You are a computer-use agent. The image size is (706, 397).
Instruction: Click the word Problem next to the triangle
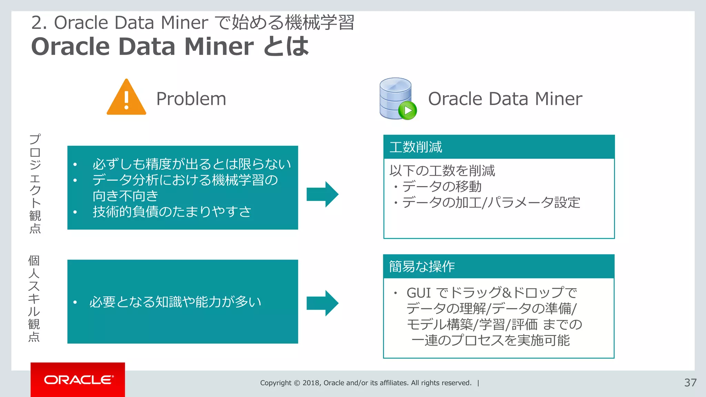(x=191, y=99)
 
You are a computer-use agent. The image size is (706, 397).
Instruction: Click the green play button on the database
(x=407, y=111)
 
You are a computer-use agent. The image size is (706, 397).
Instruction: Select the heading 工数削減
(x=416, y=147)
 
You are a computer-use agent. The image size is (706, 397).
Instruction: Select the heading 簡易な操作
(x=422, y=266)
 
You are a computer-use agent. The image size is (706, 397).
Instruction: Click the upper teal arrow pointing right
(x=322, y=194)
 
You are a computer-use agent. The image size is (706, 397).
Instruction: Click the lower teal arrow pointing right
(x=322, y=303)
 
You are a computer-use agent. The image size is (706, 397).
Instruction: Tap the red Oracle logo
(x=78, y=380)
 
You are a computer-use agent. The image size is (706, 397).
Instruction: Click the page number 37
(x=690, y=383)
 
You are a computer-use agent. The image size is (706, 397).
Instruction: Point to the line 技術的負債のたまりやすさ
(x=172, y=212)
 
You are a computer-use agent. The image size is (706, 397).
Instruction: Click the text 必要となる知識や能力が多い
(x=175, y=302)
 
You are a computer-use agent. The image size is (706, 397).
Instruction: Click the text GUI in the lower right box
(x=418, y=293)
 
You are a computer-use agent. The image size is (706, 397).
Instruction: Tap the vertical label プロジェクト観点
(x=35, y=183)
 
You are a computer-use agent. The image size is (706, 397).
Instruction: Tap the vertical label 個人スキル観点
(x=34, y=298)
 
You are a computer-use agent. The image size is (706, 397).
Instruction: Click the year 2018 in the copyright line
(x=311, y=383)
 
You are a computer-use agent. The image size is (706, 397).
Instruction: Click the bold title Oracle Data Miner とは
(x=170, y=46)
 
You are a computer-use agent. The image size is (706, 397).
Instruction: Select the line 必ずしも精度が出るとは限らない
(x=192, y=164)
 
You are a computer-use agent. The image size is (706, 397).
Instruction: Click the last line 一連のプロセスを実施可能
(x=490, y=340)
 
